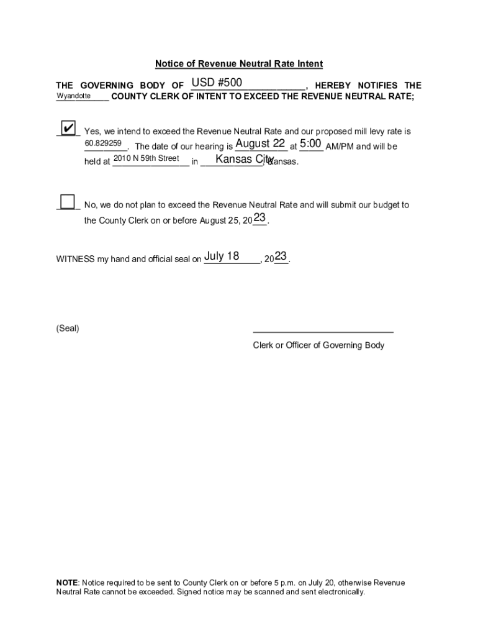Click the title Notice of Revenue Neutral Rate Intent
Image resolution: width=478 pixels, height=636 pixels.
239,64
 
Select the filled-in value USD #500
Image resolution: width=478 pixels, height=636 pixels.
217,83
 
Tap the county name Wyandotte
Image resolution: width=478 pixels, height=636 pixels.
74,96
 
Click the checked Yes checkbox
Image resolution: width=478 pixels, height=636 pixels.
68,129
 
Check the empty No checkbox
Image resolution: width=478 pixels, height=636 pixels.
67,202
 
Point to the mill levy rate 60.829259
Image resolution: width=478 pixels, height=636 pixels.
103,143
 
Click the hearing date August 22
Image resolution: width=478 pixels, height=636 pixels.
260,144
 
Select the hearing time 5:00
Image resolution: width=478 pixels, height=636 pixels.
310,144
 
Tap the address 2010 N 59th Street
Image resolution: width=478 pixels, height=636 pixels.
147,158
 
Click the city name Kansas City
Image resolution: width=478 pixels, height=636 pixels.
245,160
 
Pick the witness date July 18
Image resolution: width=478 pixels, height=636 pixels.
222,257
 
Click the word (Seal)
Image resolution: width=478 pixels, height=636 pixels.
68,328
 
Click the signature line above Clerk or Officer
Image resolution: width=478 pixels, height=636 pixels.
323,332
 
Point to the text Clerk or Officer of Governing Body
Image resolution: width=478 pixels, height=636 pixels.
318,345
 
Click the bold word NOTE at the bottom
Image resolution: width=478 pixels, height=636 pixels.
66,583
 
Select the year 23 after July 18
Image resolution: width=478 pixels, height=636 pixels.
281,257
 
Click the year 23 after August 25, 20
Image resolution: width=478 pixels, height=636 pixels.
259,218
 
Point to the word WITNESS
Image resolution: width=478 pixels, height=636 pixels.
74,259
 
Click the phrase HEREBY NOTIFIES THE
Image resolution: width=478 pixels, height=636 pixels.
368,86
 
